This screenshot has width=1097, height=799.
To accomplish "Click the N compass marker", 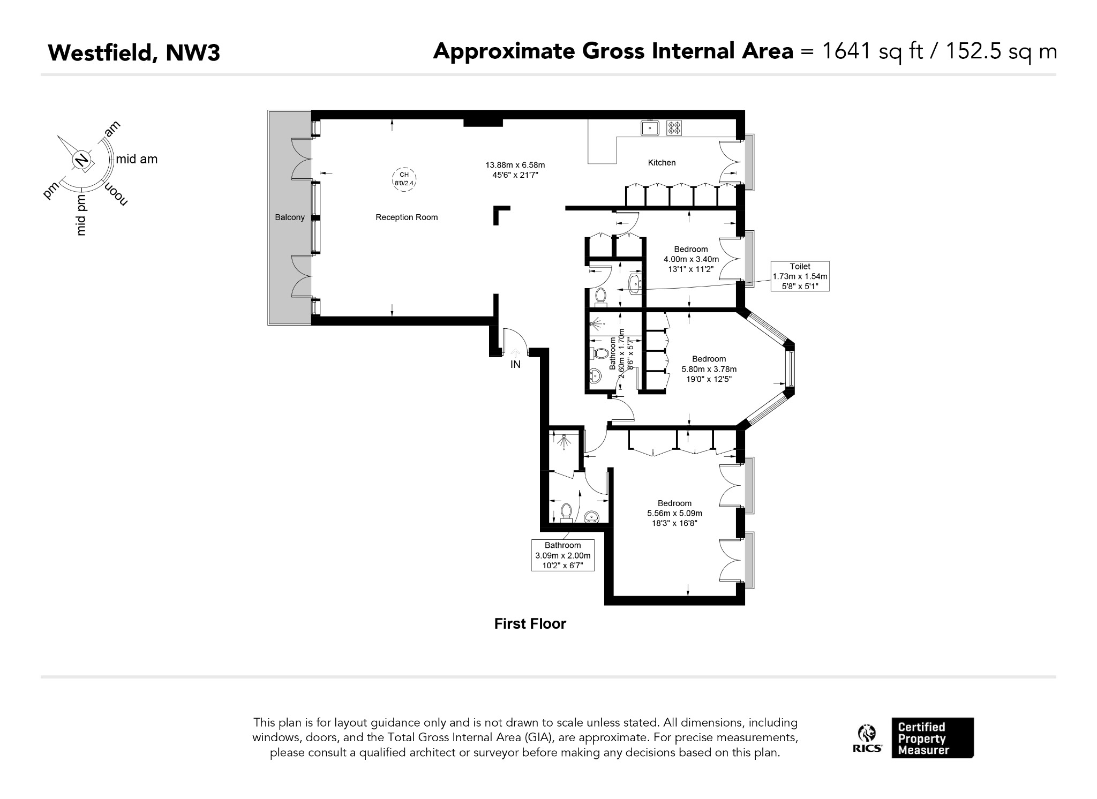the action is [81, 160].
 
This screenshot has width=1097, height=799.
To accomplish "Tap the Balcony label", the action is [290, 217].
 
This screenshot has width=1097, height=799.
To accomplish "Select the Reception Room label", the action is [407, 217].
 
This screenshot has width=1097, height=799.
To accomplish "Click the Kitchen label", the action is [662, 163].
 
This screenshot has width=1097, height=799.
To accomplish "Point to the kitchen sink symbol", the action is [650, 127].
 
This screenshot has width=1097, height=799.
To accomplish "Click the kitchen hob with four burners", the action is [674, 128].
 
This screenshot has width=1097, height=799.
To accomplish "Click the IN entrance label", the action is [515, 365].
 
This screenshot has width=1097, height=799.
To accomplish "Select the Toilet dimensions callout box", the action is [800, 276].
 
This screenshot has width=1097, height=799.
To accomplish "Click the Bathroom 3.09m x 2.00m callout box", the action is [563, 555].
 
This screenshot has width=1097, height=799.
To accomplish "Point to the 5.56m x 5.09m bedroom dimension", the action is [674, 514].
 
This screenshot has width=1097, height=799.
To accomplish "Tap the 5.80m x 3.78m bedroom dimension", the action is [709, 370].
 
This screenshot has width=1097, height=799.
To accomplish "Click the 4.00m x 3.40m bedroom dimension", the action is [691, 259].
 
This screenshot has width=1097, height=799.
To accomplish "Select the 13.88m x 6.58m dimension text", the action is [515, 165].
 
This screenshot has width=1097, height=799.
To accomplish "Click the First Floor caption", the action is [530, 624].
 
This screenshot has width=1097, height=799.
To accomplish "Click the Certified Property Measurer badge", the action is [933, 738].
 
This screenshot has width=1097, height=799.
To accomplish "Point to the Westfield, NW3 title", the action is [134, 53].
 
